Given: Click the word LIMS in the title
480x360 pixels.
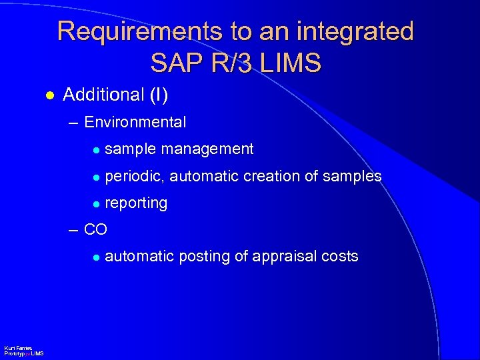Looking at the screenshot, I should pos(291,63).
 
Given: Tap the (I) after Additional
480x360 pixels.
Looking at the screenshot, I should pos(158,95).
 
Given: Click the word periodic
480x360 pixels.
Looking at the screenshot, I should pos(135,177).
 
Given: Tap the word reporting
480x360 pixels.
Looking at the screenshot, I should pos(136,203).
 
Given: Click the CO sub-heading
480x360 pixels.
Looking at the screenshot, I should pos(95,230).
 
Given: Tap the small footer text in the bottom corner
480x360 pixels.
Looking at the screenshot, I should pos(23,351).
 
